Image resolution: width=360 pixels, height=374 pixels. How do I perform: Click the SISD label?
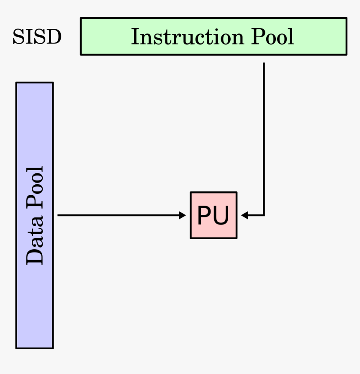tap(37, 37)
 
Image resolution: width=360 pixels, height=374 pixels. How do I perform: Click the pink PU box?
tap(213, 215)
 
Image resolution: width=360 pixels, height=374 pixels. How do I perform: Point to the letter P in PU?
tap(204, 216)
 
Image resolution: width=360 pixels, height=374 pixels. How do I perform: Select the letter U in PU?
tap(222, 216)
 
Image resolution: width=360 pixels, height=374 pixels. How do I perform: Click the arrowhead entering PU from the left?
tap(183, 215)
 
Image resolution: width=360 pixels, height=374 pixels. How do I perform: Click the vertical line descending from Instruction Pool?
tap(264, 138)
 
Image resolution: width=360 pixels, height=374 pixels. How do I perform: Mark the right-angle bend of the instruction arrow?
tap(264, 215)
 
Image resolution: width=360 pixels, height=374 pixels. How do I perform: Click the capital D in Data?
tap(35, 256)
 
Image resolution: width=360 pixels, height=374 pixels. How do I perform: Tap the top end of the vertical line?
tap(264, 64)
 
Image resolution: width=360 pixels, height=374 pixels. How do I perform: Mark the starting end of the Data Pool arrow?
tap(59, 215)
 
